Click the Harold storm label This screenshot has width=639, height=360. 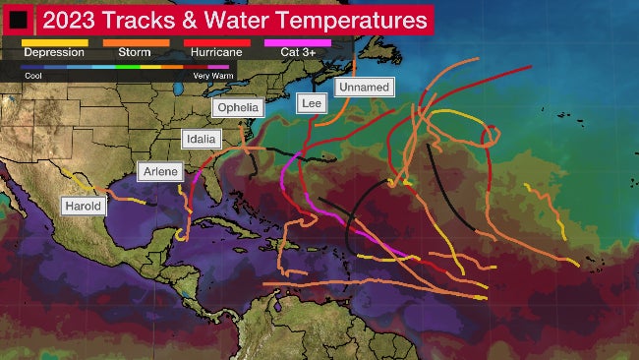click(x=82, y=207)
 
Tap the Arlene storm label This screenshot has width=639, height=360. click(x=160, y=172)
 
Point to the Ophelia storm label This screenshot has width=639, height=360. click(x=238, y=107)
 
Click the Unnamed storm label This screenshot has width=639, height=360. click(x=364, y=88)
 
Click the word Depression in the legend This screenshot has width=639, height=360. click(x=54, y=52)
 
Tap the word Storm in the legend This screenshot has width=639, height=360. click(x=134, y=52)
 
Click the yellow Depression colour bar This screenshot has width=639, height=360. click(x=55, y=43)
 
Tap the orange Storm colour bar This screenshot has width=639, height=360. click(x=136, y=43)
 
